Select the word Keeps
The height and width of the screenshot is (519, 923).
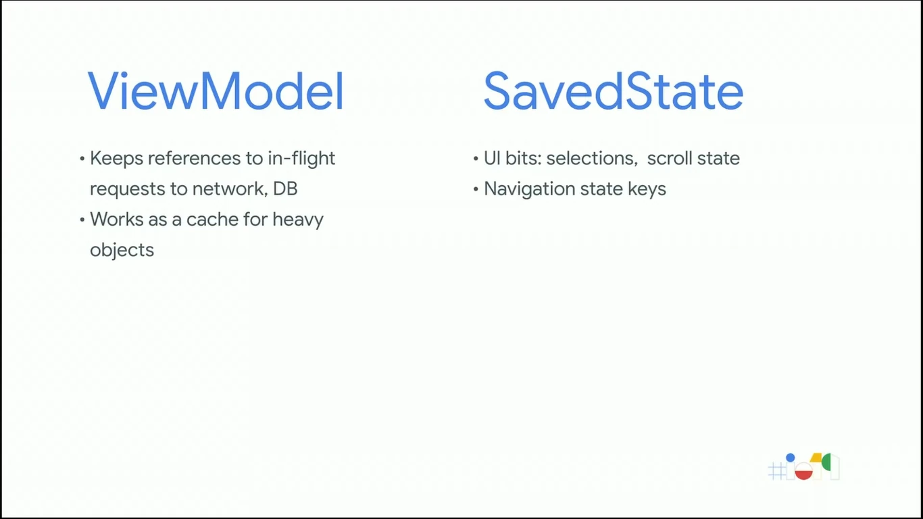pyautogui.click(x=116, y=159)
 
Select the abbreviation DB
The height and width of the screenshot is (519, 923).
pyautogui.click(x=285, y=189)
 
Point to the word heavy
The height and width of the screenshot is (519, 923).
pyautogui.click(x=298, y=220)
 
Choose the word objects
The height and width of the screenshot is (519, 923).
pyautogui.click(x=122, y=251)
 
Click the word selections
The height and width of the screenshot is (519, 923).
pyautogui.click(x=591, y=159)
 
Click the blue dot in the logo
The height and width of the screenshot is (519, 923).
pyautogui.click(x=790, y=458)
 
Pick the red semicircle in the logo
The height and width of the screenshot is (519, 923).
pyautogui.click(x=803, y=474)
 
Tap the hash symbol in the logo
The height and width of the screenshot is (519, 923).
pyautogui.click(x=776, y=470)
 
